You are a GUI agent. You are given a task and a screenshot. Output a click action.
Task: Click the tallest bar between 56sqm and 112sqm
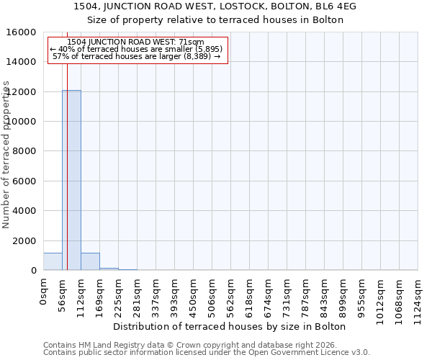[71, 180]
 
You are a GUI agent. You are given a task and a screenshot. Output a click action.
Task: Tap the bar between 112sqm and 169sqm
[90, 261]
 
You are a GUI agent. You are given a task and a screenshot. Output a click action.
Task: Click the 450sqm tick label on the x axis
[194, 296]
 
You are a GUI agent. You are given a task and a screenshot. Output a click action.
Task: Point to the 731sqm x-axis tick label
[287, 296]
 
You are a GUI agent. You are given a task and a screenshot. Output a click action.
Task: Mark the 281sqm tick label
[137, 296]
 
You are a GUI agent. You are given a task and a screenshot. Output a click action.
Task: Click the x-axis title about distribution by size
[230, 326]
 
